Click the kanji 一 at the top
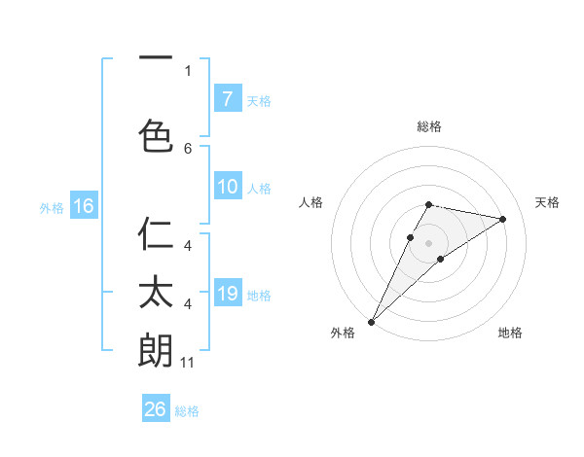tap(156, 60)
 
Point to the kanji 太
tap(156, 293)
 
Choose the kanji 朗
tap(156, 350)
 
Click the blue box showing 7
tap(227, 99)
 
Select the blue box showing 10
tap(227, 188)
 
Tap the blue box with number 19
tap(227, 294)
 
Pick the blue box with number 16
tap(83, 206)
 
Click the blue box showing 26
tap(156, 409)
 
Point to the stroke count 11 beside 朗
tap(188, 363)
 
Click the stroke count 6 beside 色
tap(188, 149)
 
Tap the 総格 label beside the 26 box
tap(187, 410)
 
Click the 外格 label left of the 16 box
tap(52, 207)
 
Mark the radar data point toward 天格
tap(503, 219)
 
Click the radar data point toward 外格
tap(371, 321)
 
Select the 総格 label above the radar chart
tap(429, 126)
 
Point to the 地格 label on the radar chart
tap(510, 333)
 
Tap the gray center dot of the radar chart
tap(429, 242)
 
